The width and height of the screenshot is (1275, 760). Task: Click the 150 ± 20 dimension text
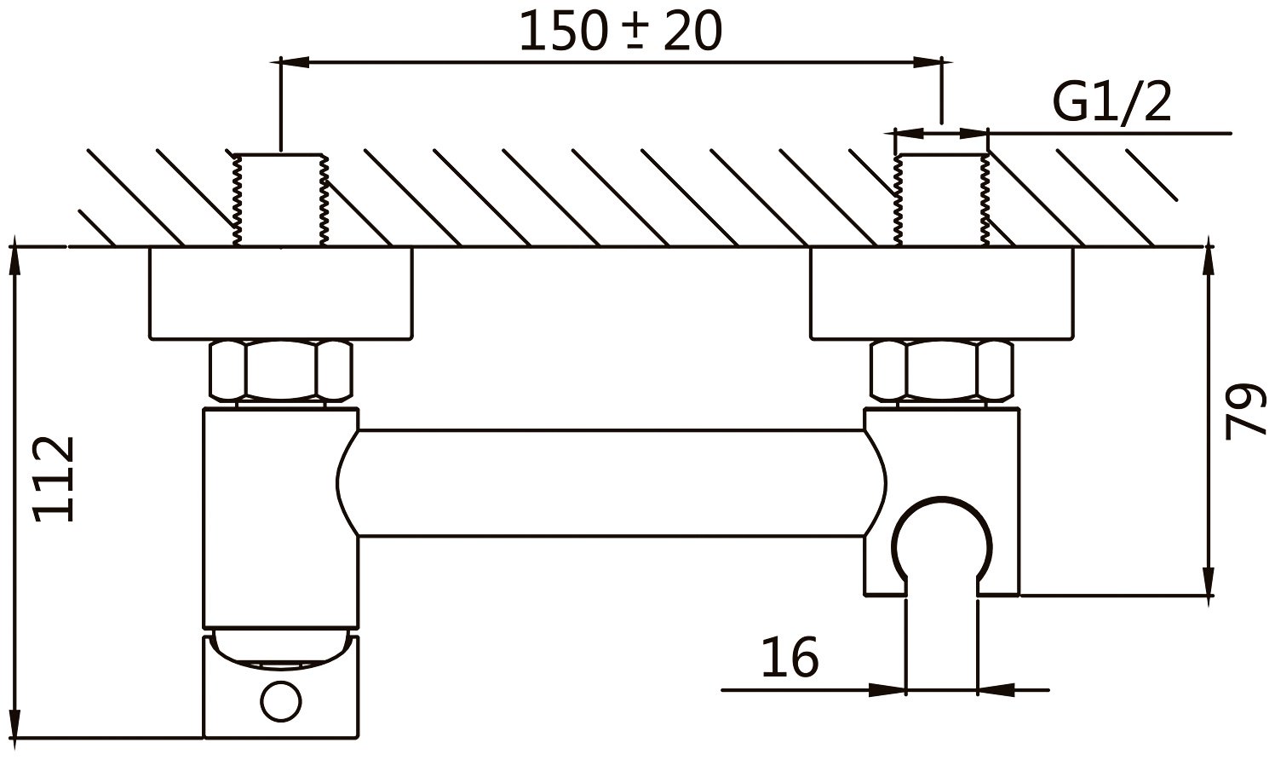tap(620, 32)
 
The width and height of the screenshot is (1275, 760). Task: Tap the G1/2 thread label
tap(1112, 104)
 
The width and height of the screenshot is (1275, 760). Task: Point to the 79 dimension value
tap(1245, 411)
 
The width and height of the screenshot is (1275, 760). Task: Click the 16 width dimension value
tap(789, 657)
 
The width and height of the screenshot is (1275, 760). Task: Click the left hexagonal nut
tap(281, 371)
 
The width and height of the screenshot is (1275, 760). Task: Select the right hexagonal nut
tap(942, 371)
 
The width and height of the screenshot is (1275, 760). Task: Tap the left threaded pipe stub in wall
tap(280, 200)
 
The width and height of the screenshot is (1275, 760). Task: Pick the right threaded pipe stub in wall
tap(941, 200)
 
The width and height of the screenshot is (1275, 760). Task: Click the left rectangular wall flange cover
tap(281, 293)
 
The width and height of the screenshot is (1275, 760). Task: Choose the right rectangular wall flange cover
tap(942, 293)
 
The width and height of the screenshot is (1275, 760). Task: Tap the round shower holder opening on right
tap(941, 541)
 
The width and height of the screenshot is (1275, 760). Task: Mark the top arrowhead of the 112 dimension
tap(14, 260)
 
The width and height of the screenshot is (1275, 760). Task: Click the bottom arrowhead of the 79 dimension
tap(1208, 584)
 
